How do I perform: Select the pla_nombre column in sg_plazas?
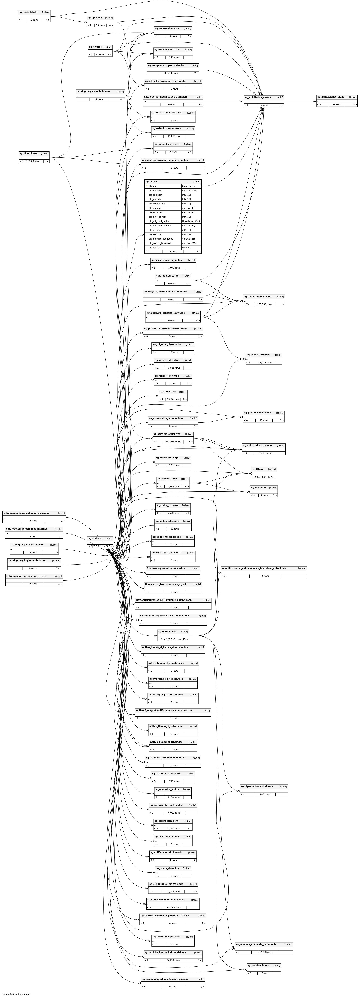pos(155,190)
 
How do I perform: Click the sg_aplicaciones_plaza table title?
pos(330,97)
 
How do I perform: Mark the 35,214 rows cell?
pos(171,73)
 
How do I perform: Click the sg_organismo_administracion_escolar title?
pos(164,979)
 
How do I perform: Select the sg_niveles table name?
pos(95,47)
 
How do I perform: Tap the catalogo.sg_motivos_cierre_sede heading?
pos(26,576)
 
